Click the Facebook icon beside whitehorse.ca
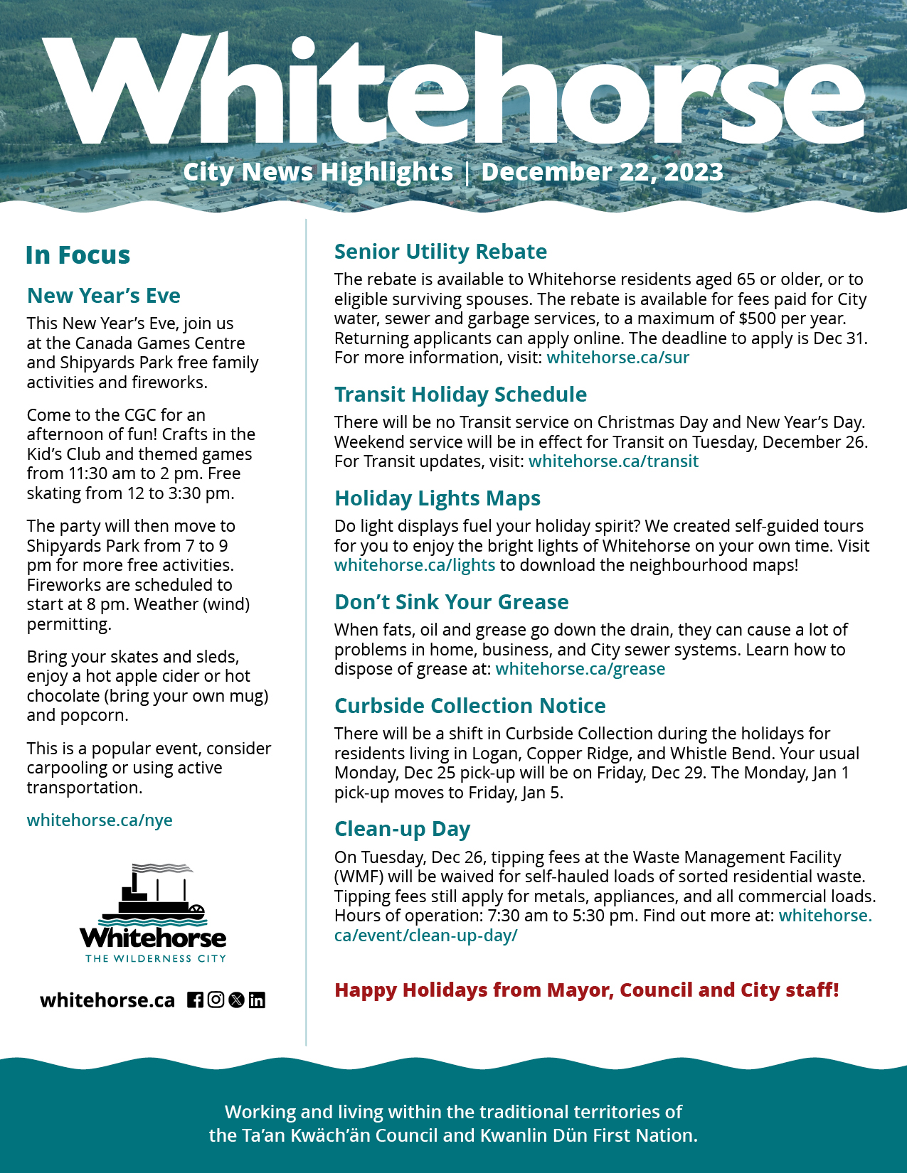195,1000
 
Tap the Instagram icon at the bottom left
216,1000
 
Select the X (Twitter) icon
236,1000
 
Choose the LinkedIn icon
257,1000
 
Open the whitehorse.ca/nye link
100,820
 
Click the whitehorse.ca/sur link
617,358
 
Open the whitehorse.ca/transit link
613,461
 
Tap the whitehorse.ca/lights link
415,565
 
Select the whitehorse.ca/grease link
580,669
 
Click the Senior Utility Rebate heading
440,252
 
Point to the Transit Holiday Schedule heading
460,395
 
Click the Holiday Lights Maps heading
437,498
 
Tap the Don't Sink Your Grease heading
451,602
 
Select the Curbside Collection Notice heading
470,706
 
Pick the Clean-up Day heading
402,829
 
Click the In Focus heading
78,255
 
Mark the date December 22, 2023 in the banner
602,172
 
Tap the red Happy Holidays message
586,990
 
